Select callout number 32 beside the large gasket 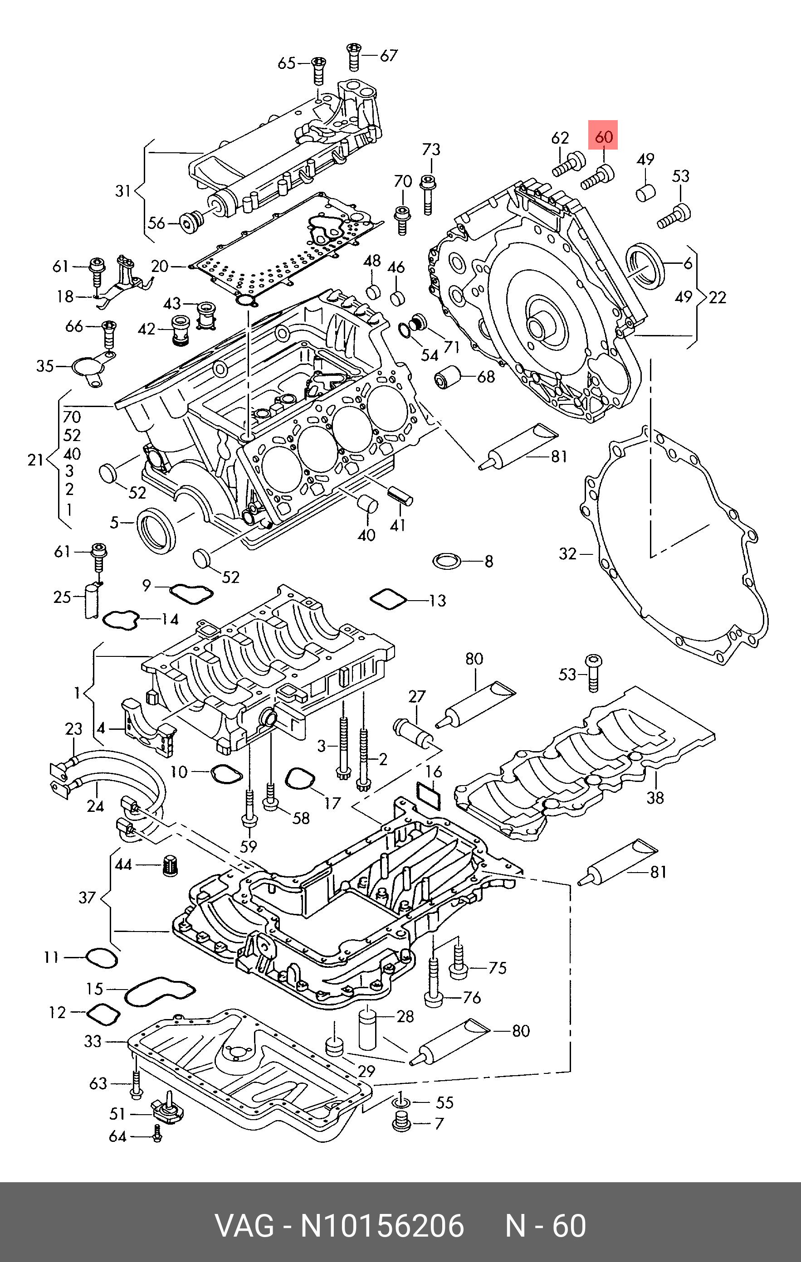[x=567, y=553]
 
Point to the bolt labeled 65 [x=318, y=70]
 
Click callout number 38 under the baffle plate [x=655, y=798]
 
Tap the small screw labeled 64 [x=157, y=1134]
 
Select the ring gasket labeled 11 [x=102, y=958]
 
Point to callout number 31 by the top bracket [x=123, y=191]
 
